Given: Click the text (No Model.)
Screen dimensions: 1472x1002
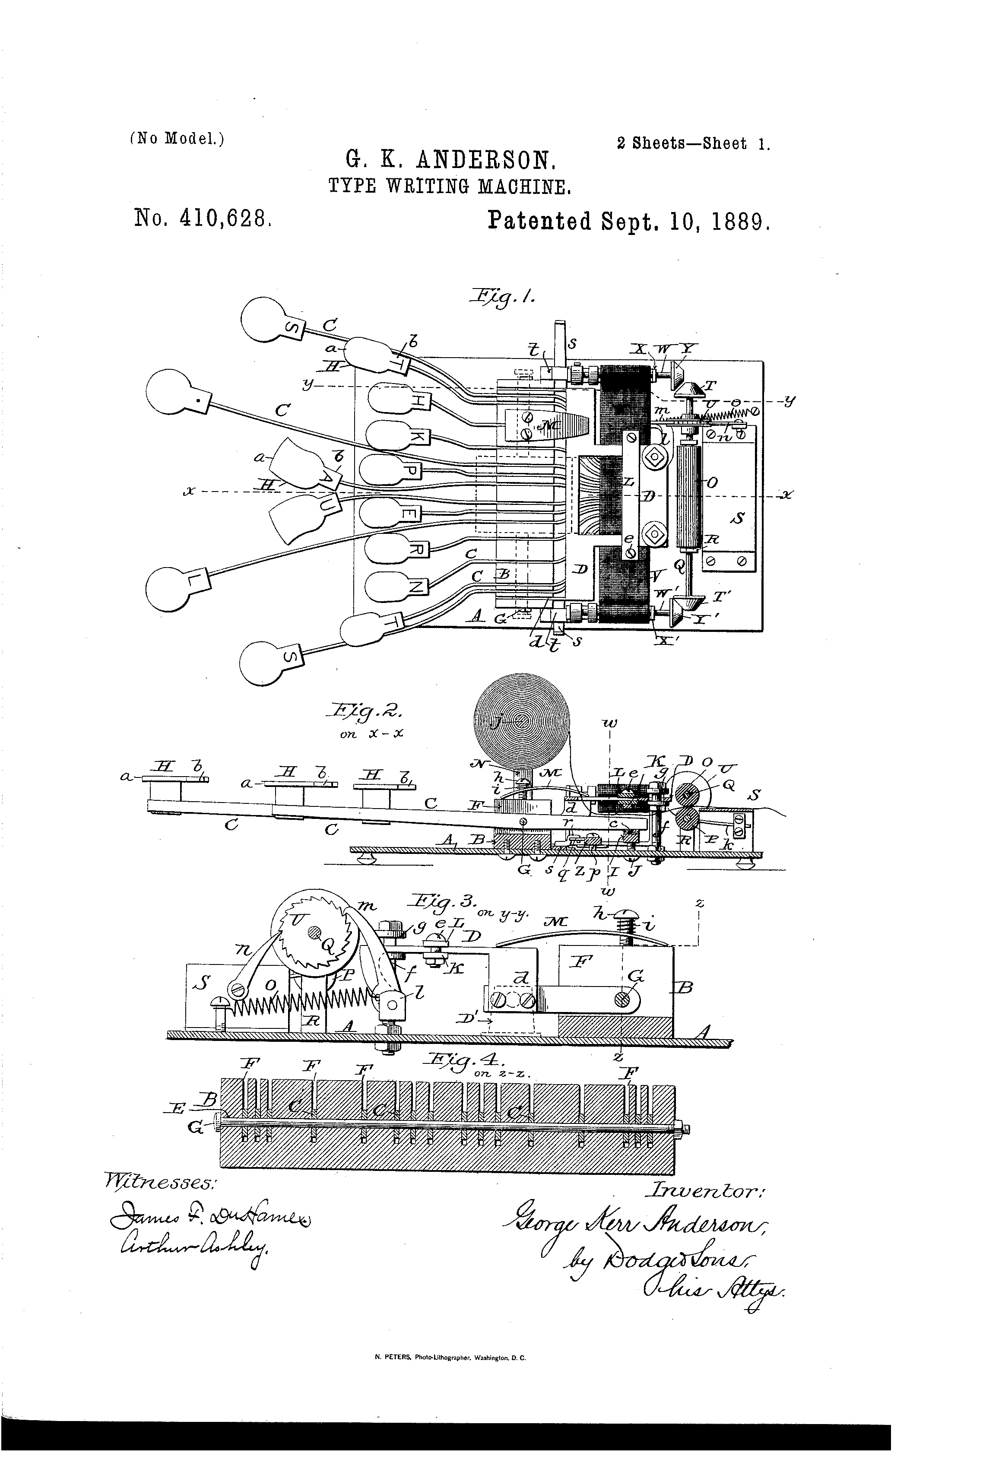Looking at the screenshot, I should pos(177,139).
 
